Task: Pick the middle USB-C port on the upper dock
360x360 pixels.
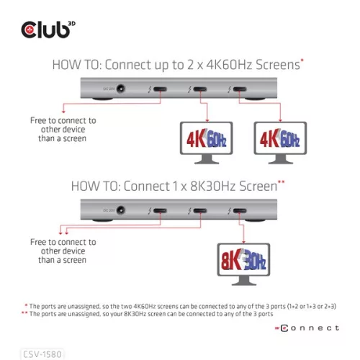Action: pyautogui.click(x=197, y=91)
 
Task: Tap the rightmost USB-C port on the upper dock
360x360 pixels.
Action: pyautogui.click(x=238, y=91)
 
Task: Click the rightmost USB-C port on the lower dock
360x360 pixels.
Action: pyautogui.click(x=238, y=212)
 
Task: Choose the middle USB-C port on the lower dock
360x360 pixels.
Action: pyautogui.click(x=197, y=212)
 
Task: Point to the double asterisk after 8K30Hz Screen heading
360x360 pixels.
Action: pyautogui.click(x=282, y=183)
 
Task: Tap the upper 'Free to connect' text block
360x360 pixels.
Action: pyautogui.click(x=63, y=129)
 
